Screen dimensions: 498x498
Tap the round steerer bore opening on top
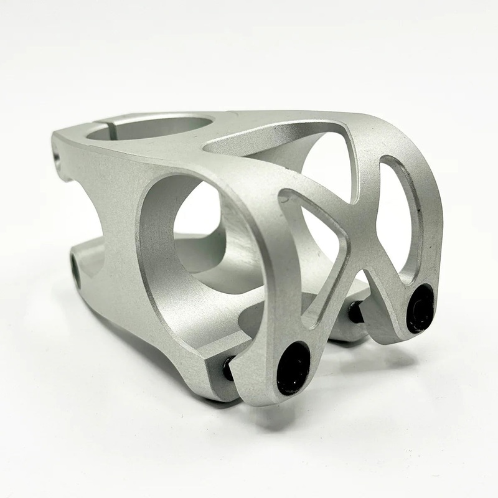tap(149, 128)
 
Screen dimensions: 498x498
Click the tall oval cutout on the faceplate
tap(402, 212)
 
